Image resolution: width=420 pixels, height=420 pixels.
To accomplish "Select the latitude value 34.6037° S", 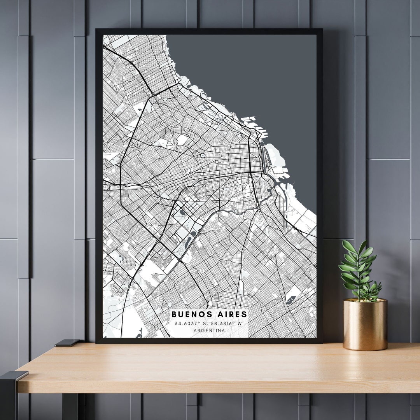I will click(191, 323).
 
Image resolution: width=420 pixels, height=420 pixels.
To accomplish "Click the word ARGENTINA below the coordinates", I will click(209, 331).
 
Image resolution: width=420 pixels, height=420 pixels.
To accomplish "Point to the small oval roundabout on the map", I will click(203, 155).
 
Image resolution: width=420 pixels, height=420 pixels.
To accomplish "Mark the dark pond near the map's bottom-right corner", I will click(290, 300).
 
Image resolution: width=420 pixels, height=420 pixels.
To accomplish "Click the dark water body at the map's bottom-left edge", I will click(139, 333).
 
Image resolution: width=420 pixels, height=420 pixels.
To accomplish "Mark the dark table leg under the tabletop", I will click(70, 406).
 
